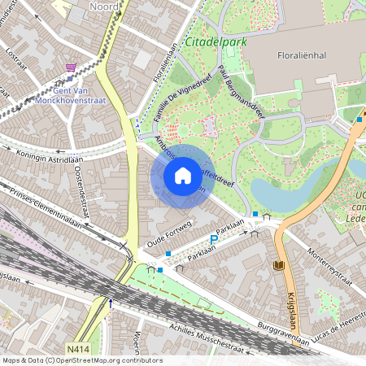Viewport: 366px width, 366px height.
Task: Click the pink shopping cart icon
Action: pos(72,68)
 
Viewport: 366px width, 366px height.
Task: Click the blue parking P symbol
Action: pos(214,239)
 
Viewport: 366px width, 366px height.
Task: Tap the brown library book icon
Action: pos(281,265)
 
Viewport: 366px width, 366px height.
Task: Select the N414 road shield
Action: pos(77,349)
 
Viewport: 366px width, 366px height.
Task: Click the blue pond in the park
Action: pos(281,192)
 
